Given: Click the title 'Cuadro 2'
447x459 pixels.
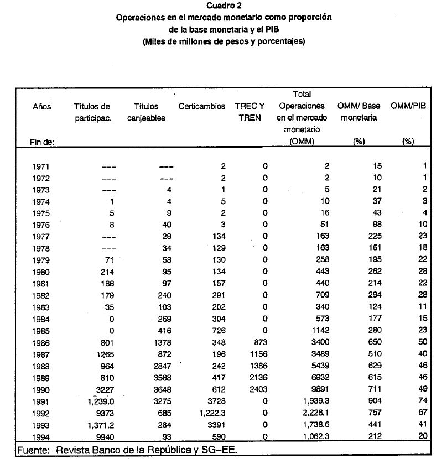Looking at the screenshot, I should (224, 7).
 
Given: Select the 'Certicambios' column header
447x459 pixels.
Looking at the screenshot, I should (202, 107).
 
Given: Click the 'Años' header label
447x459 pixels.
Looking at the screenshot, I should (42, 107).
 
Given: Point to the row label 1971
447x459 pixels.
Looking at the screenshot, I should (42, 166).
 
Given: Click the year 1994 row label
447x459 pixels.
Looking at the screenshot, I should (42, 437).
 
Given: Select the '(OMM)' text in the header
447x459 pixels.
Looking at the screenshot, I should (302, 142).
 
